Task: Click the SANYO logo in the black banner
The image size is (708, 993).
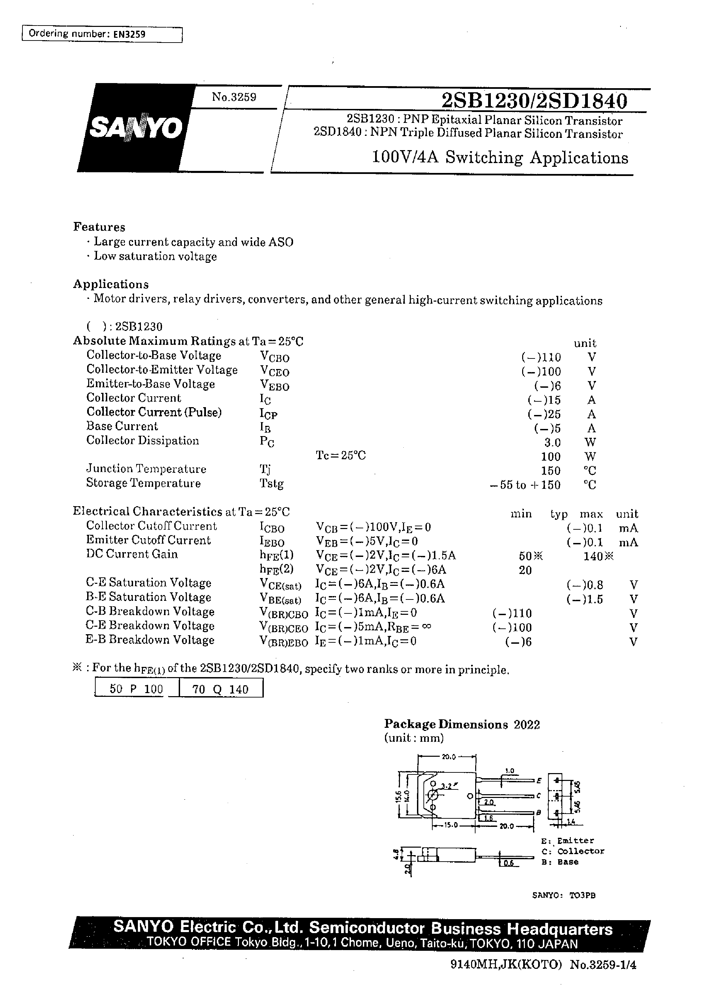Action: coord(135,128)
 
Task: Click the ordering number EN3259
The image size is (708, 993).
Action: coord(129,34)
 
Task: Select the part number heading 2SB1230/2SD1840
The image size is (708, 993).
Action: coord(534,101)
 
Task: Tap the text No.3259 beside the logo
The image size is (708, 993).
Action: coord(234,97)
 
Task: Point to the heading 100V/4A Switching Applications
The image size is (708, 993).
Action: coord(500,158)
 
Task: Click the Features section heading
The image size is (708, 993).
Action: coord(99,227)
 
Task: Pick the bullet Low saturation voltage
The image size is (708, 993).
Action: coord(155,256)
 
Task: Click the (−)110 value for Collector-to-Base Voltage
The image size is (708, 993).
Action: coord(541,357)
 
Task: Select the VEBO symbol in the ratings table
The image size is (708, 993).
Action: coord(274,385)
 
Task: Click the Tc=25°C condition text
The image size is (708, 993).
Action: coord(340,455)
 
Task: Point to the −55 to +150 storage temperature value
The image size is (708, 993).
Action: coord(525,485)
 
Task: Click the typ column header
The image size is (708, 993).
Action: coord(559,514)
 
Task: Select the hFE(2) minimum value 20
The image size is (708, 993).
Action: coord(525,570)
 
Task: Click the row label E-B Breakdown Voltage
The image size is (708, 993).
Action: coord(150,640)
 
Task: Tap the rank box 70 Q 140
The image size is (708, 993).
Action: coord(221,689)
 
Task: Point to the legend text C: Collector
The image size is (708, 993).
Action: coord(573,851)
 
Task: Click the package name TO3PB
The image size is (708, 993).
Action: coord(582,895)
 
